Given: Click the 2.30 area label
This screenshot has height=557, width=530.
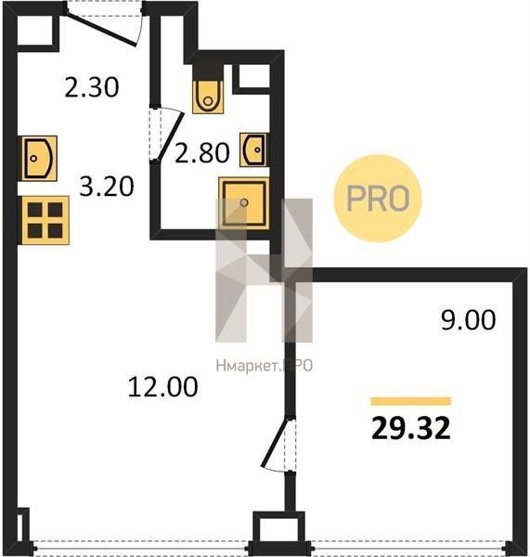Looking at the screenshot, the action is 92,87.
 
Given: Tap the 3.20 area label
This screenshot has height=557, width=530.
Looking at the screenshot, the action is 107,187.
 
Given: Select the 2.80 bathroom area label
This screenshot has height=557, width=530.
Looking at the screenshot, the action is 202,153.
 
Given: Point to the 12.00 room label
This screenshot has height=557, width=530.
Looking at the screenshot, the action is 162,387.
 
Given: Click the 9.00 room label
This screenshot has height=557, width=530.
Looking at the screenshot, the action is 468,320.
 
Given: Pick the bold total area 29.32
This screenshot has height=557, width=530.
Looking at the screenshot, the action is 411,428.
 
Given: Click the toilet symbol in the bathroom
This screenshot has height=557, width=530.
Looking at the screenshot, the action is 208,95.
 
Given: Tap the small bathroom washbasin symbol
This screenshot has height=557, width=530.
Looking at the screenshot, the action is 253,149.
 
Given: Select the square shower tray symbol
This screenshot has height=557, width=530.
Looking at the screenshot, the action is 244,203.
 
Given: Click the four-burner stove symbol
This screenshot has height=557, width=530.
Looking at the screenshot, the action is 45,220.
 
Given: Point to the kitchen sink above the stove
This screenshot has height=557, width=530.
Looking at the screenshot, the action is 39,159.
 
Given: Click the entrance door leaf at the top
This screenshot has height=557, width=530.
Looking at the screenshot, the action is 101,30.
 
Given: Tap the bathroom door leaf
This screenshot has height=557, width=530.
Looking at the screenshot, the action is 171,136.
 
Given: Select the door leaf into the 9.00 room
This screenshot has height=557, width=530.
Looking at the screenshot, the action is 275,443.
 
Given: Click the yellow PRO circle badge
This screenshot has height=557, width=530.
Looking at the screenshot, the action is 377,199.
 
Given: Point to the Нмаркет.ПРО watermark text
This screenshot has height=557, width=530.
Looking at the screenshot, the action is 265,366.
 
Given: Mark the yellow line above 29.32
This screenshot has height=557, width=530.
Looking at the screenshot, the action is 411,401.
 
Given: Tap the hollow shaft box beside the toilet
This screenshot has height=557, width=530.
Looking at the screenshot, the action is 252,77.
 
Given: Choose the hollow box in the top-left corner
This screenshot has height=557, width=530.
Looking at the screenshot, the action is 35,31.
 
